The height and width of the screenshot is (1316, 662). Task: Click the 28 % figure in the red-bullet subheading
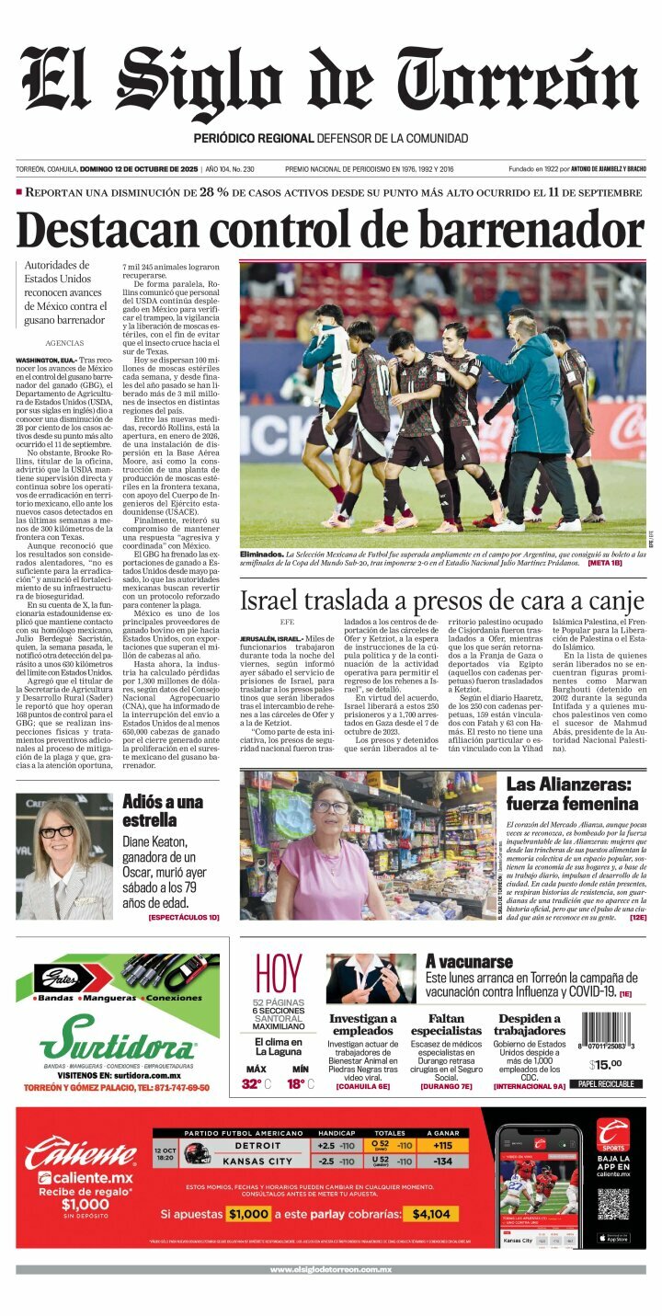tap(214, 192)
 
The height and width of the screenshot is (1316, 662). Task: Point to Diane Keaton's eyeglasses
tap(56, 831)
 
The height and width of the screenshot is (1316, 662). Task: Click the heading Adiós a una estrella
tap(163, 810)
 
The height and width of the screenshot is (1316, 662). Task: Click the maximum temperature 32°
tap(253, 1083)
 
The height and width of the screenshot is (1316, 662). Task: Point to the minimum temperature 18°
tap(297, 1083)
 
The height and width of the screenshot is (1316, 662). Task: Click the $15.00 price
tap(605, 1065)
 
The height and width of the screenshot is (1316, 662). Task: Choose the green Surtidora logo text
tap(117, 1044)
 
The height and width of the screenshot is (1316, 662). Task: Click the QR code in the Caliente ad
tap(612, 1204)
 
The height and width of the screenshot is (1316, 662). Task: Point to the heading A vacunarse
tap(469, 962)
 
